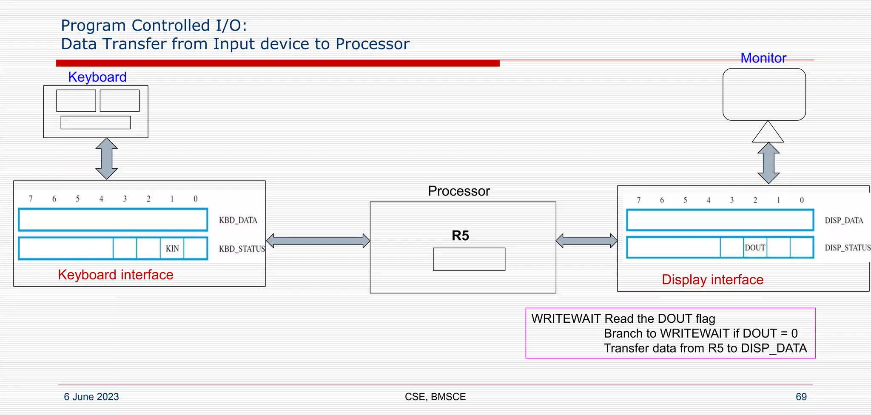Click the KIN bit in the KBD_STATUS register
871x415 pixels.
coord(172,249)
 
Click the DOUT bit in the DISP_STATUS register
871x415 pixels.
coord(755,248)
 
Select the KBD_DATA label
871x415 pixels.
coord(238,220)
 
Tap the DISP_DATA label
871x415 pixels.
coord(844,221)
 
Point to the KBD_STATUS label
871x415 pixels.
coord(242,249)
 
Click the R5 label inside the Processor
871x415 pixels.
coord(460,236)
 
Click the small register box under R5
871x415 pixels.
coord(469,259)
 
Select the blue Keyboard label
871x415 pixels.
coord(97,77)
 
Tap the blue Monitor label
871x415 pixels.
coord(763,58)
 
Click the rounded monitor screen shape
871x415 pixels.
coord(764,94)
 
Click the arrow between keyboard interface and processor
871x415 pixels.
coord(318,241)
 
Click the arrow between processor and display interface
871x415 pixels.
coord(586,241)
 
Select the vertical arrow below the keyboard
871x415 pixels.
coord(106,159)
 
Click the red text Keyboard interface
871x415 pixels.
coord(116,275)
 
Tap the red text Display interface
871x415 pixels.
coord(712,280)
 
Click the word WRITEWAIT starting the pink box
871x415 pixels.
coord(566,319)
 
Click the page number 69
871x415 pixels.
coord(801,397)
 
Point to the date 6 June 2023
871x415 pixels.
coord(91,397)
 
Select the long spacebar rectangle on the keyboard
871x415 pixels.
coord(96,122)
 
